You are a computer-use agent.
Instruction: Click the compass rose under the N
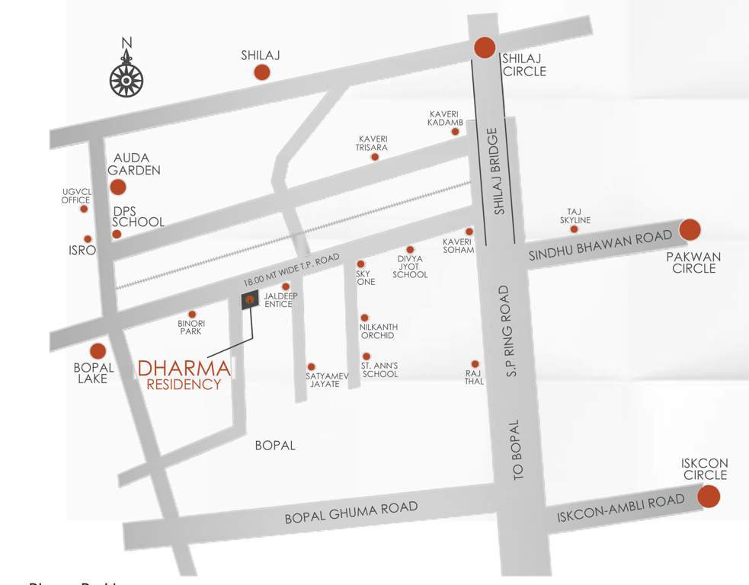tap(127, 79)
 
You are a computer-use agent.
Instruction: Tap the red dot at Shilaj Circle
tap(485, 47)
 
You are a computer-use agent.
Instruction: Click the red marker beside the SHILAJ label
tap(261, 72)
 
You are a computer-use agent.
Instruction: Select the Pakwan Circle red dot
tap(690, 229)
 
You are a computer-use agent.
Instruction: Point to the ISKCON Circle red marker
tap(709, 497)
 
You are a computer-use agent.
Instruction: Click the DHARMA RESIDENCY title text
tap(184, 376)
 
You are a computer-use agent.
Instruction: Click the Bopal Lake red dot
tap(98, 351)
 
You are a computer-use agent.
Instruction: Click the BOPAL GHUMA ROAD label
tap(351, 512)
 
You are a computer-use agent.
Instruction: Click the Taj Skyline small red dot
tap(574, 229)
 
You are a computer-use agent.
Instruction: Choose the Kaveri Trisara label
tap(373, 143)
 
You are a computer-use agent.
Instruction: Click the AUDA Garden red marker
tap(118, 187)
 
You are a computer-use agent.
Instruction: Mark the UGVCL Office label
tap(76, 196)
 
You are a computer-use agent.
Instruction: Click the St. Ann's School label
tap(379, 369)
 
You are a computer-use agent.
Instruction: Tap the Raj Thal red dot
tap(475, 364)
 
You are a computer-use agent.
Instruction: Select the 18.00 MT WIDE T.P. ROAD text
tap(290, 270)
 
